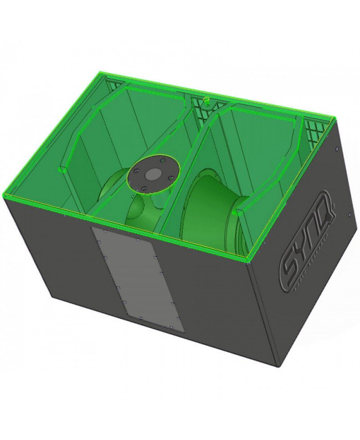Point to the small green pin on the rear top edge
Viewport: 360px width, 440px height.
tap(205, 100)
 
